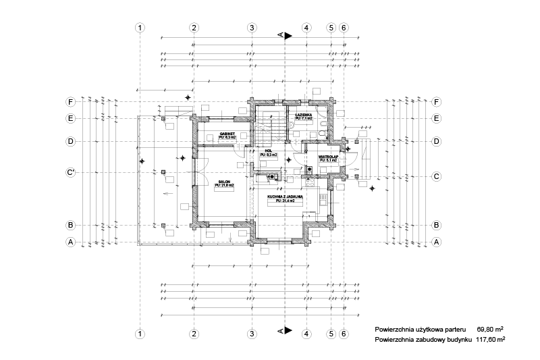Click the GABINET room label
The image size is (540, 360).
click(227, 134)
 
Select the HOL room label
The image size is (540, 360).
click(268, 151)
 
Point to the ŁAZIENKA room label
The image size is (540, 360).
click(303, 115)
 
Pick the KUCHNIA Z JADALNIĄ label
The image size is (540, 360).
click(285, 197)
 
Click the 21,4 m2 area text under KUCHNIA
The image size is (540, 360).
click(285, 201)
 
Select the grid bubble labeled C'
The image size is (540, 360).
click(70, 172)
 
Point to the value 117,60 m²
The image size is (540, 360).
click(491, 340)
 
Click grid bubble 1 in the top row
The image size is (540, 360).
click(140, 28)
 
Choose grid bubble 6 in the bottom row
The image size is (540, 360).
click(344, 334)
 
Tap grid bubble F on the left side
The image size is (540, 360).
click(70, 102)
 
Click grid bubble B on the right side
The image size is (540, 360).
click(436, 225)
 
